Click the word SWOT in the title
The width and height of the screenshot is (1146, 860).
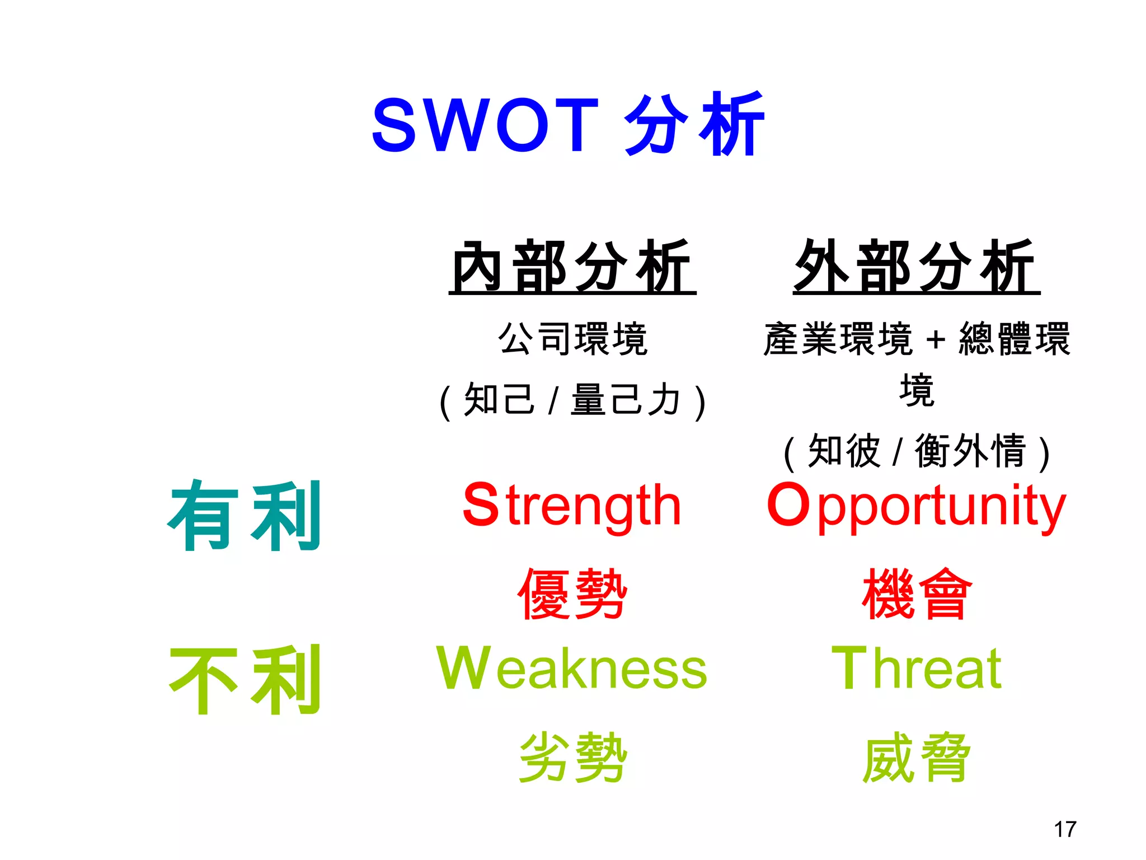click(485, 125)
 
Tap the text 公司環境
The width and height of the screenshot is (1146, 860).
click(573, 339)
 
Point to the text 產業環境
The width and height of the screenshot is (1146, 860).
click(838, 339)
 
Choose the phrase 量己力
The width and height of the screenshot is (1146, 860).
click(626, 400)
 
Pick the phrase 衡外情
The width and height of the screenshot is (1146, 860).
click(971, 451)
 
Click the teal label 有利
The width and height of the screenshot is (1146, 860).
click(245, 516)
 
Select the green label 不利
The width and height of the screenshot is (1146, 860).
click(245, 679)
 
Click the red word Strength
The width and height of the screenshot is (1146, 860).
click(572, 506)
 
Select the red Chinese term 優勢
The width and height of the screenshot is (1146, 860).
click(572, 594)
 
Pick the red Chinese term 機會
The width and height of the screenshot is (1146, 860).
click(917, 594)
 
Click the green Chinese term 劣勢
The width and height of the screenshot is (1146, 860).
click(572, 758)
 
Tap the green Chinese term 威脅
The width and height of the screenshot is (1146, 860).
click(917, 758)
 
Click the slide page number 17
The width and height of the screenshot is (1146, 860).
click(1065, 829)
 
